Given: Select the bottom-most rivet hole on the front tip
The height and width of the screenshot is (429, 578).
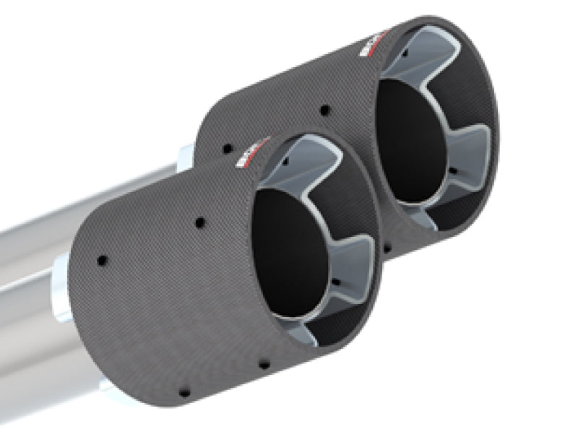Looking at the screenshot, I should (184, 392).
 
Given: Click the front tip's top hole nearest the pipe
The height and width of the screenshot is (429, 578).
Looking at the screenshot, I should (102, 259).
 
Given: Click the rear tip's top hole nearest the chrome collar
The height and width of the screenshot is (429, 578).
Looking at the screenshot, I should (228, 148).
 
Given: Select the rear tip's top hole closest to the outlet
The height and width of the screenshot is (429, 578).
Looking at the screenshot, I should (324, 110).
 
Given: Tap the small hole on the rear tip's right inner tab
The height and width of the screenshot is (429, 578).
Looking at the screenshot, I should (453, 171).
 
